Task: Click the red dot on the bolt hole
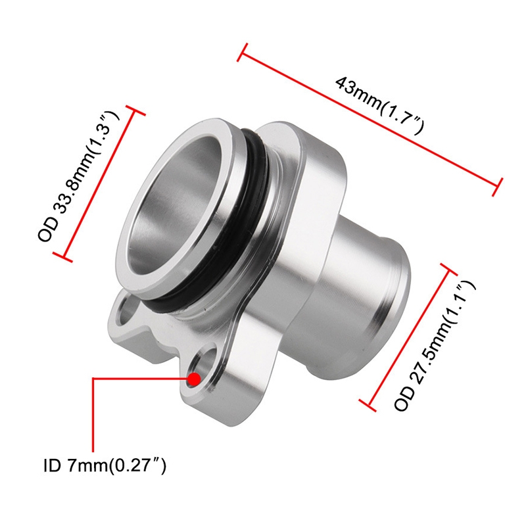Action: (x=194, y=379)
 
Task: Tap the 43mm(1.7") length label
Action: (x=381, y=105)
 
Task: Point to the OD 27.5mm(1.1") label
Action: (x=435, y=346)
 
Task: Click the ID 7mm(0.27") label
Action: (x=105, y=466)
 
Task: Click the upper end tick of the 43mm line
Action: (x=242, y=53)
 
